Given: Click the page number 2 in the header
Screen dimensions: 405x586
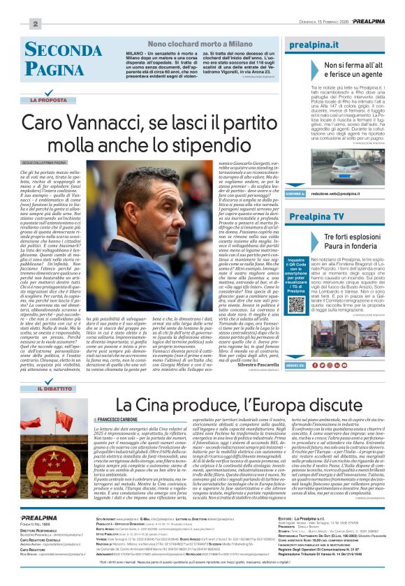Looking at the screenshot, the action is [x=34, y=24].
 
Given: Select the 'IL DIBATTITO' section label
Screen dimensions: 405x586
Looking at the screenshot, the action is [x=53, y=388].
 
